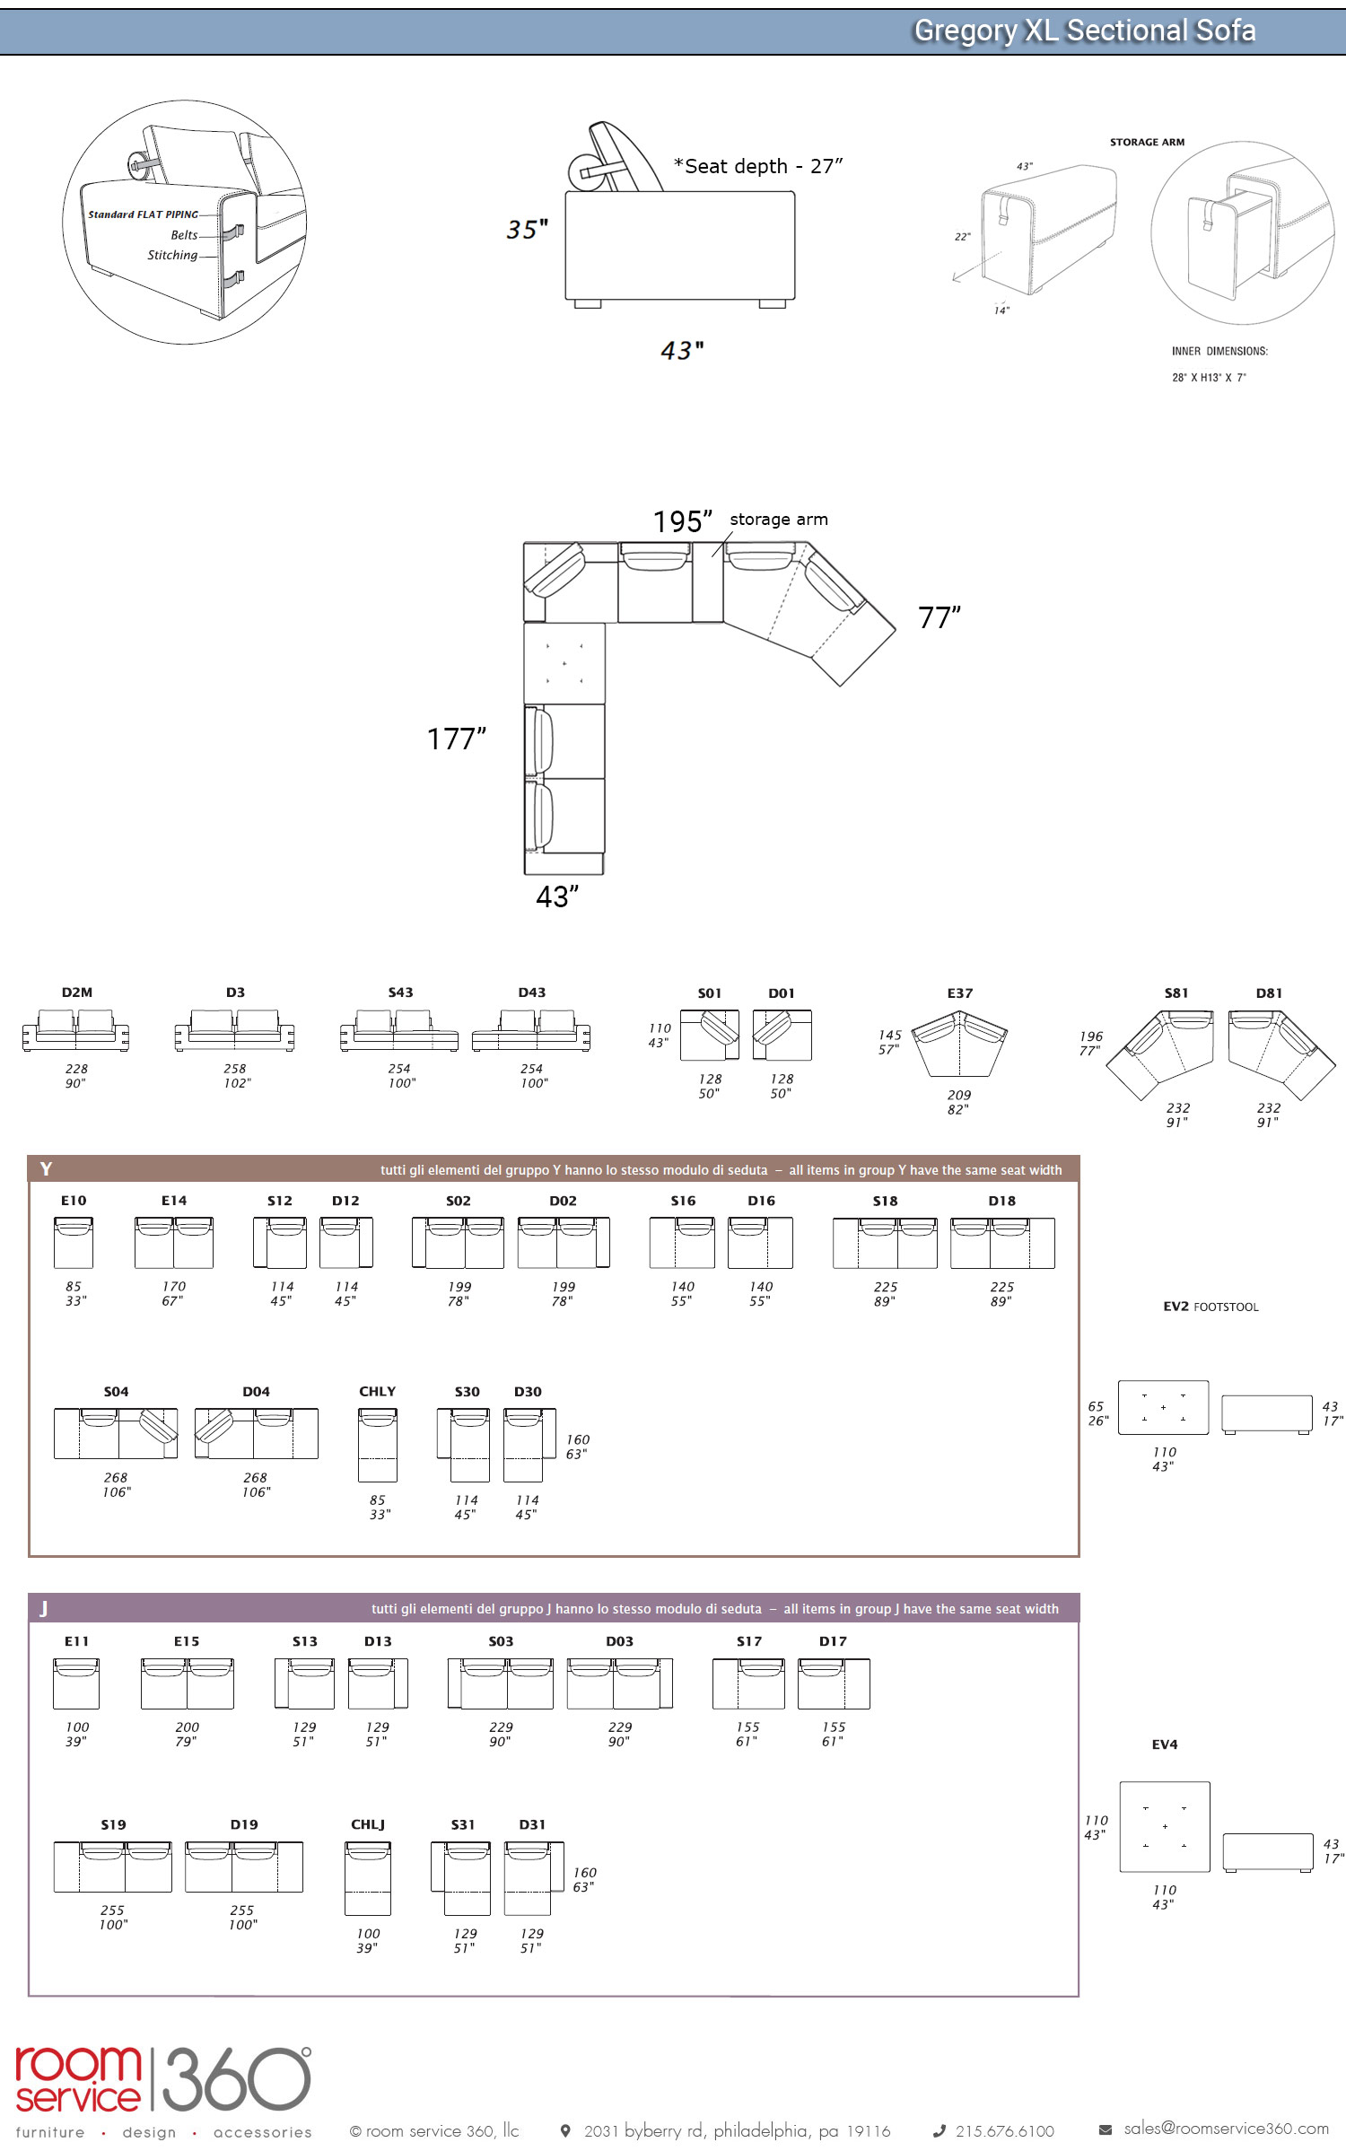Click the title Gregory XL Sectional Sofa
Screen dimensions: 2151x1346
click(1083, 31)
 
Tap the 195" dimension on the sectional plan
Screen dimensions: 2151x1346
click(682, 521)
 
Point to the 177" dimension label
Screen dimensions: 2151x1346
click(456, 739)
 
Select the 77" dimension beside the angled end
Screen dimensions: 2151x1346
click(939, 618)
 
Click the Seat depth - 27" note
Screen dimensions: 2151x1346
click(758, 166)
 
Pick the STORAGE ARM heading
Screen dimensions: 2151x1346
click(1147, 142)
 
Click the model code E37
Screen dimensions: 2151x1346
click(959, 993)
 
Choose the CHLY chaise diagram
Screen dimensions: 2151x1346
click(378, 1444)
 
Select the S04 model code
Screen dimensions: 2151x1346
click(116, 1392)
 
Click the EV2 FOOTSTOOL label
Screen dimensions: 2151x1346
click(1211, 1307)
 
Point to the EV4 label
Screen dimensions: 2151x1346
click(1164, 1744)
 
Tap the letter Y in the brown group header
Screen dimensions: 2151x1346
click(46, 1168)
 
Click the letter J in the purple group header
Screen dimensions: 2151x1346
click(43, 1608)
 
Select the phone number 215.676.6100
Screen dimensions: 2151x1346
click(1004, 2130)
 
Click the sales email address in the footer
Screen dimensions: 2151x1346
click(1226, 2128)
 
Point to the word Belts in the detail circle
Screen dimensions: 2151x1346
click(184, 235)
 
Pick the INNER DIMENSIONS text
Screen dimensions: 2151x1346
click(1219, 351)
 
